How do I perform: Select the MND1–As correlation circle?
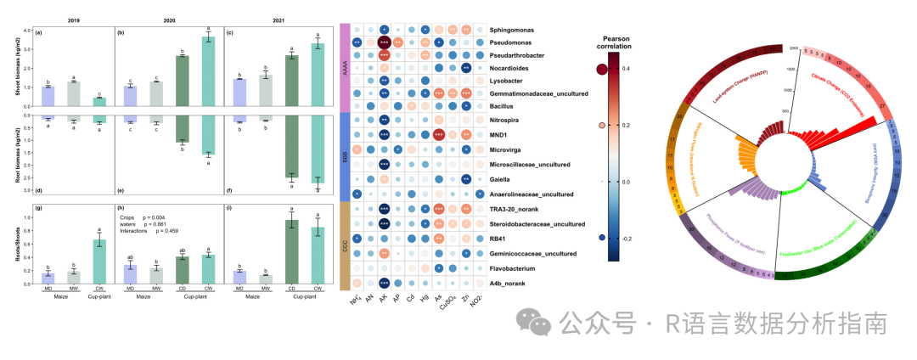point(439,134)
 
